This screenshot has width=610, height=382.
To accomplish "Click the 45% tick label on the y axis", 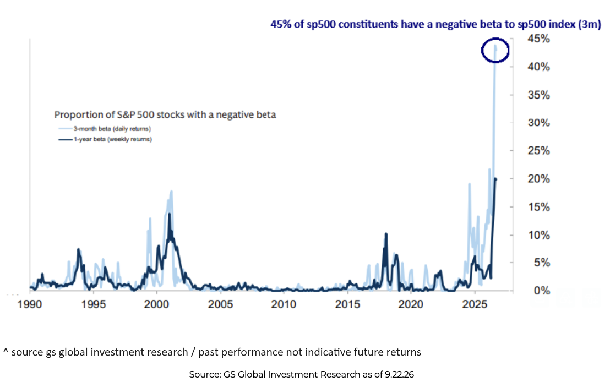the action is (x=538, y=39).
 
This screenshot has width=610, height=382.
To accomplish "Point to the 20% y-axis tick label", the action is (x=538, y=179).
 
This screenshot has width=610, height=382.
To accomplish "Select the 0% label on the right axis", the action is (x=542, y=291).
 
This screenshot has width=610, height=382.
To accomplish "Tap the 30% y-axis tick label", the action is (x=538, y=123).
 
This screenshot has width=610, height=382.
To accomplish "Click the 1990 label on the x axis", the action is (x=30, y=304).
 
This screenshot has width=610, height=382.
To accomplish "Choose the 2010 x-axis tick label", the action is (x=284, y=304).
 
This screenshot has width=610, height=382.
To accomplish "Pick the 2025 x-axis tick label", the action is (x=475, y=304).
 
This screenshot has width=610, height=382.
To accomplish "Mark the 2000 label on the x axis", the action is (x=156, y=304).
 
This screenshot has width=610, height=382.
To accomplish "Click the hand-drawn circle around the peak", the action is (x=482, y=51).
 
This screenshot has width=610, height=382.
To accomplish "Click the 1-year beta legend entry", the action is (x=105, y=139).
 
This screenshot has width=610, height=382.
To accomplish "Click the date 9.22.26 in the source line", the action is (x=399, y=374).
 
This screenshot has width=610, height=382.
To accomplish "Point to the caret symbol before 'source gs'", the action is (x=6, y=351).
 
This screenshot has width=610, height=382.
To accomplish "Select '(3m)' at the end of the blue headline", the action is (x=590, y=24).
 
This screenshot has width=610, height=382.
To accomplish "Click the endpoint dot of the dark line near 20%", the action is (x=495, y=179).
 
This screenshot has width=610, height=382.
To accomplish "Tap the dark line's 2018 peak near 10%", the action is (x=386, y=234).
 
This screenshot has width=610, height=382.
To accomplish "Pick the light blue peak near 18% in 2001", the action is (x=171, y=192).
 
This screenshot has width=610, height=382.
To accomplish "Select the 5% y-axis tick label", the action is (x=542, y=263).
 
